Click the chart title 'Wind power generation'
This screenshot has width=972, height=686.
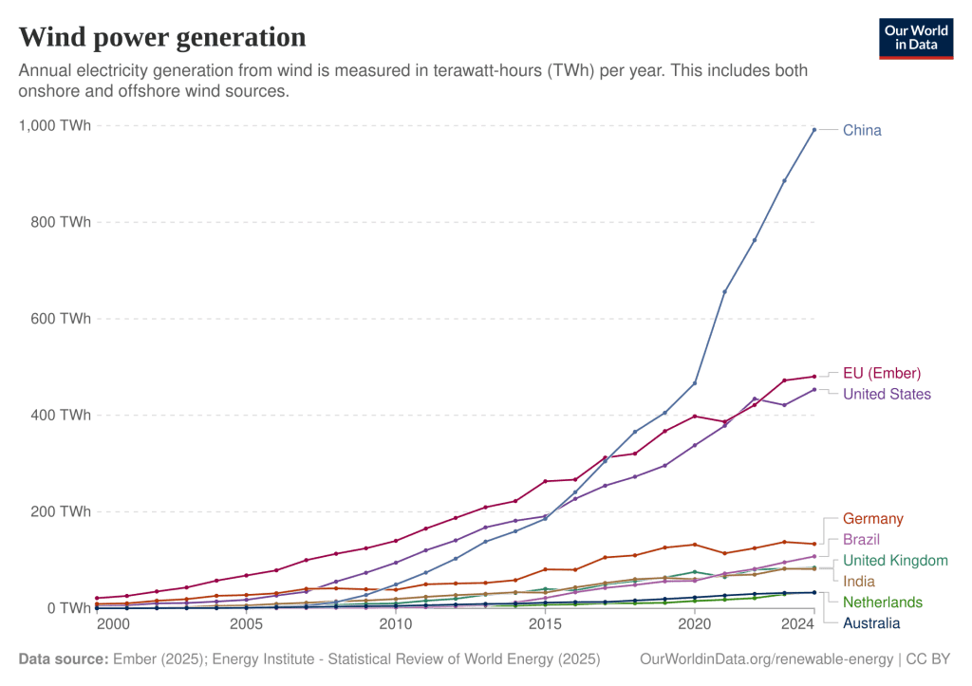pyautogui.click(x=162, y=37)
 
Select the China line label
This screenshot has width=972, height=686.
pyautogui.click(x=862, y=129)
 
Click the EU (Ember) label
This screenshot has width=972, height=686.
pyautogui.click(x=882, y=373)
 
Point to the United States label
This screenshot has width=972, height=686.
pyautogui.click(x=887, y=394)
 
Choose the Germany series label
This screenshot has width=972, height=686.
pyautogui.click(x=872, y=519)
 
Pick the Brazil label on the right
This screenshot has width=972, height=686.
pyautogui.click(x=861, y=540)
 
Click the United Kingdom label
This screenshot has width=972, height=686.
pyautogui.click(x=894, y=561)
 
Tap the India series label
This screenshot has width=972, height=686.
pyautogui.click(x=858, y=581)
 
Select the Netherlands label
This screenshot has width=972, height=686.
pyautogui.click(x=883, y=602)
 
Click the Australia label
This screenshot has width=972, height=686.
pyautogui.click(x=871, y=622)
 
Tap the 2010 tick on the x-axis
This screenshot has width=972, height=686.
pyautogui.click(x=396, y=624)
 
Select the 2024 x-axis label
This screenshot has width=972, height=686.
pyautogui.click(x=800, y=624)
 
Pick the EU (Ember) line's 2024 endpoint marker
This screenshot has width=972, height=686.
pyautogui.click(x=813, y=377)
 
